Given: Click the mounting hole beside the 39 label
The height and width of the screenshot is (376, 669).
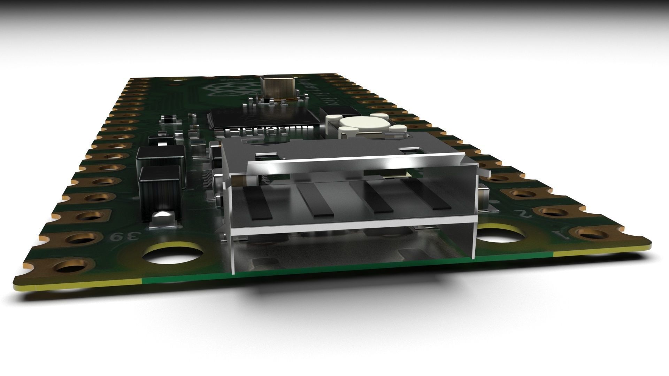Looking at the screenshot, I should [x=173, y=256].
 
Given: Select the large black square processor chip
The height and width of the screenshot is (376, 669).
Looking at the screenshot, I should [x=265, y=117].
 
